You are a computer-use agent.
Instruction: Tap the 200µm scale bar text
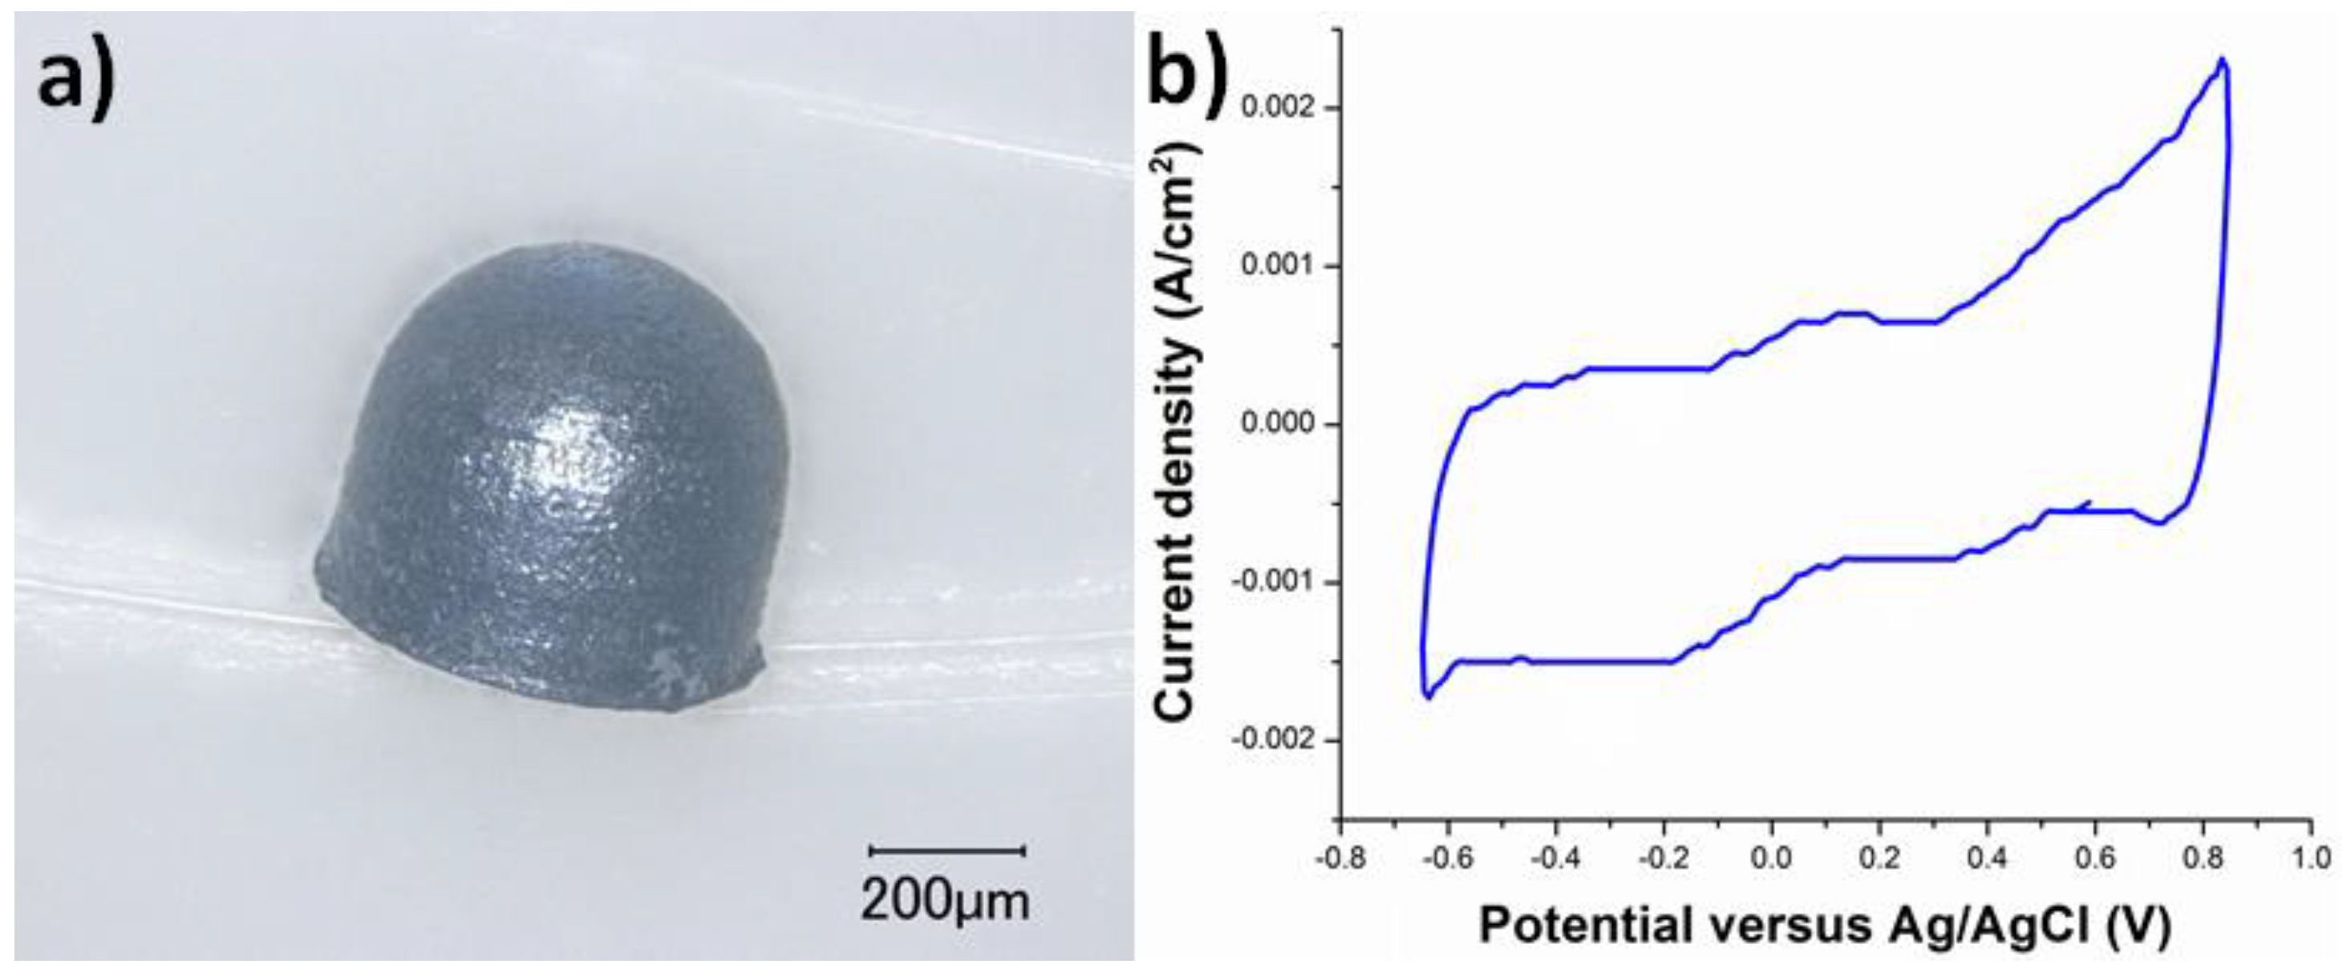pos(945,901)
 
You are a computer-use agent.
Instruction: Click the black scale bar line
pos(948,851)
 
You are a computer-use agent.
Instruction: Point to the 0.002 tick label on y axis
pos(1277,108)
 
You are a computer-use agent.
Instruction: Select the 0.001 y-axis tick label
pos(1277,266)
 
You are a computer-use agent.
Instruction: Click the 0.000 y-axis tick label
pos(1277,424)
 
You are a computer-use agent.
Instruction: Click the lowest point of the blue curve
pos(1429,697)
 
